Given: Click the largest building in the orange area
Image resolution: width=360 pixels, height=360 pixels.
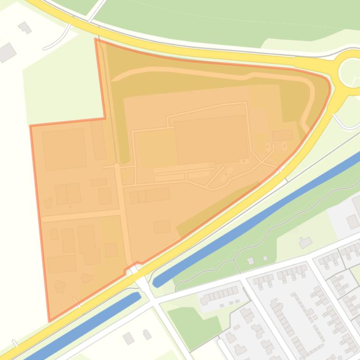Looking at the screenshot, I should (211, 139).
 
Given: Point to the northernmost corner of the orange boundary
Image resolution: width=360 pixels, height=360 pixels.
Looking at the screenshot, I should (96, 39).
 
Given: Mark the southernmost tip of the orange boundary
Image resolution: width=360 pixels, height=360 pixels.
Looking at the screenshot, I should (50, 321).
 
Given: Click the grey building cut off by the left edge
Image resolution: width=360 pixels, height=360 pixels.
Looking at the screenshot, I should (6, 52).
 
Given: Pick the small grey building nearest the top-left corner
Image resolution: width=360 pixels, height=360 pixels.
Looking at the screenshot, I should (24, 28).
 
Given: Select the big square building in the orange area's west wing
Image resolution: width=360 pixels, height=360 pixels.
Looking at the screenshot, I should (65, 149).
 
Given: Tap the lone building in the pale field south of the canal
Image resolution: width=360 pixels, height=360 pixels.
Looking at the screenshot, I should (305, 242).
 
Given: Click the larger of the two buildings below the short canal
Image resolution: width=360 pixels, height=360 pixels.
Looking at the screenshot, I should (128, 338).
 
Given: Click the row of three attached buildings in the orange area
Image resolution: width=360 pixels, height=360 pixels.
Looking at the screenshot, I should (150, 195).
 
